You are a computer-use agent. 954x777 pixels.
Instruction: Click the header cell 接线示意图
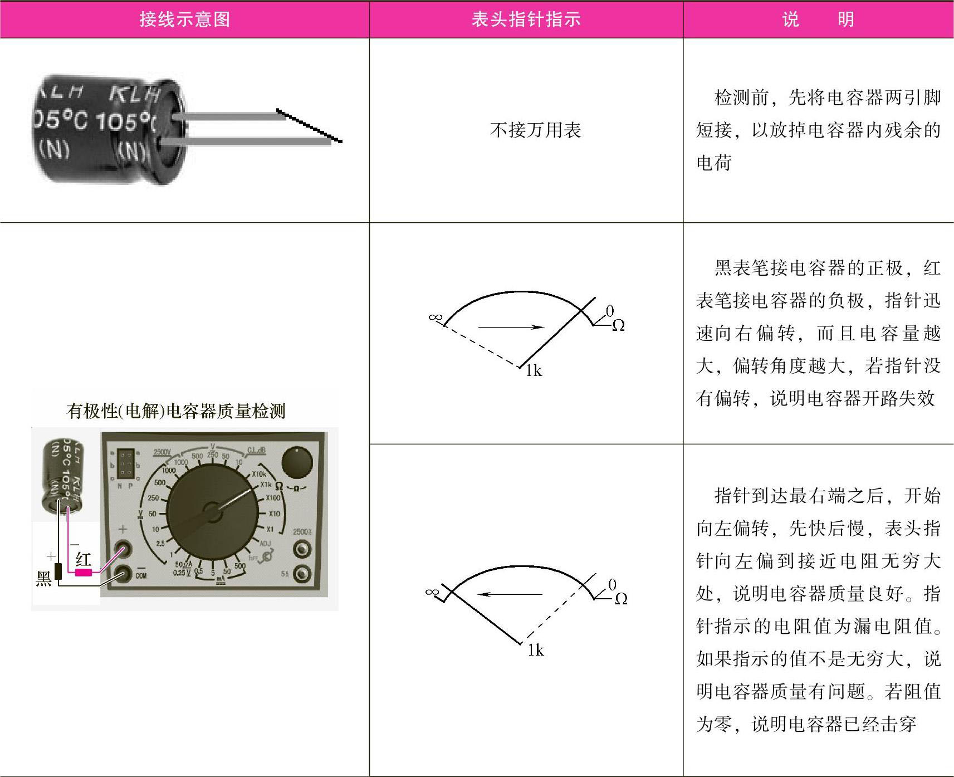coord(184,19)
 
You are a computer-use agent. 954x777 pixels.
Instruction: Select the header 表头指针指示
coord(526,19)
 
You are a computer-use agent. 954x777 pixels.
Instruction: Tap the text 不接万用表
coord(535,130)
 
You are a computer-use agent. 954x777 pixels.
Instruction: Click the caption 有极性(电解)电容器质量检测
coord(176,411)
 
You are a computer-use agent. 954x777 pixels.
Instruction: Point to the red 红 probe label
coord(83,559)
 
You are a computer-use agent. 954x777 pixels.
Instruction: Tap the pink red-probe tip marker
coord(84,572)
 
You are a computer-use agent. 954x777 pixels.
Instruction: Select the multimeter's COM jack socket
coord(123,573)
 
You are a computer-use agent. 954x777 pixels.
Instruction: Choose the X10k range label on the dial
coord(259,474)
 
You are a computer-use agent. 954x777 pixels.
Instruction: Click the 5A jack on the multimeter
coord(301,573)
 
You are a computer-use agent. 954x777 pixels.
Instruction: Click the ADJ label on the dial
coord(265,543)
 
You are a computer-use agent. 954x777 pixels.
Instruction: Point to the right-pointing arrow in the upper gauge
coord(511,327)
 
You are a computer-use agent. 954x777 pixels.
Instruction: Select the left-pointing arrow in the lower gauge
coord(510,594)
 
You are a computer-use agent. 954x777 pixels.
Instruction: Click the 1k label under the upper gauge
coord(534,371)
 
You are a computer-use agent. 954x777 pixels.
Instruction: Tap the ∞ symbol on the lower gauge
coord(431,592)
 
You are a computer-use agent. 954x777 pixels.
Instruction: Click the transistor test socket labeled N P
coord(126,465)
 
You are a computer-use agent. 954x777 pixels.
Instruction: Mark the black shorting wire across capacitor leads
coord(309,126)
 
